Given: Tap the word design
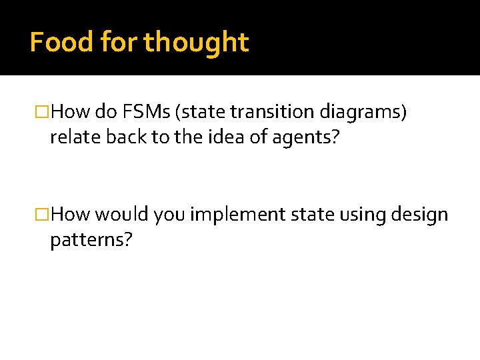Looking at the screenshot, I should pyautogui.click(x=417, y=215).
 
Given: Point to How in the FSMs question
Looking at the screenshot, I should pyautogui.click(x=71, y=112).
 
